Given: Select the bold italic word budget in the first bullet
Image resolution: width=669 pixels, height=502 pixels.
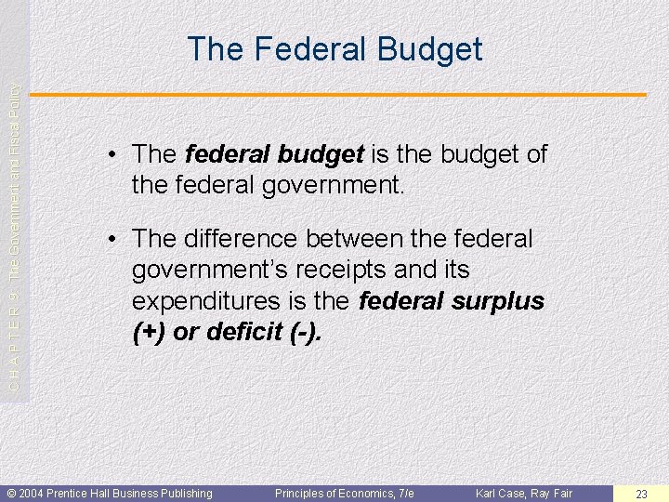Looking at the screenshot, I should point(321,154).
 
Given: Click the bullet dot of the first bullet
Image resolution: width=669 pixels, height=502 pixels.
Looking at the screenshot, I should point(111,154).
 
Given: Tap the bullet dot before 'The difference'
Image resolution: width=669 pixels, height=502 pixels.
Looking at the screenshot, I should point(111,239).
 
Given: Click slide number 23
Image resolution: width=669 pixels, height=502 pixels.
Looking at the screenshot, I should point(641,494).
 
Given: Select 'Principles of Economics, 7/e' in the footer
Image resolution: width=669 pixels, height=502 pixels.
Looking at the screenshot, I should point(344,494).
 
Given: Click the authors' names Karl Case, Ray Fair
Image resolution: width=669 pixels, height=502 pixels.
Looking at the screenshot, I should point(524,494).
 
